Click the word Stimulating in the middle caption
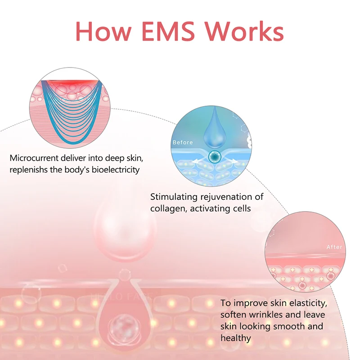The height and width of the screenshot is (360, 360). (173, 197)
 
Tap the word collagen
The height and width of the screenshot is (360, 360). (166, 208)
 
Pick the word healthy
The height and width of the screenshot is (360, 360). (236, 337)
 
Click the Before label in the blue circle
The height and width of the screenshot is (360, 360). (182, 142)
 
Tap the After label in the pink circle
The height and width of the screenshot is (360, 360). (334, 247)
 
